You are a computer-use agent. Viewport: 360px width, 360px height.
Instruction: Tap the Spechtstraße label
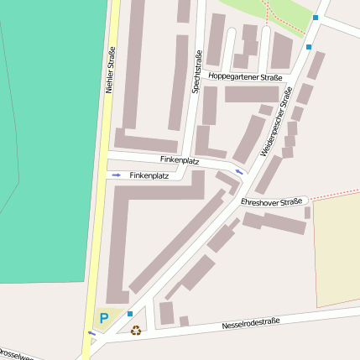[x=198, y=72]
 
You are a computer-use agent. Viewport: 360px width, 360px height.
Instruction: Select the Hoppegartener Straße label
[x=245, y=77]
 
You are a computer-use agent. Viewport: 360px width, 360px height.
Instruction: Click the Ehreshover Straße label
[x=270, y=202]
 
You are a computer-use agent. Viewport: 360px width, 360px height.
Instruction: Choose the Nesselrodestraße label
[x=250, y=324]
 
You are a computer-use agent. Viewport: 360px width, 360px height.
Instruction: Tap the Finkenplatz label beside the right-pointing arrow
[x=149, y=175]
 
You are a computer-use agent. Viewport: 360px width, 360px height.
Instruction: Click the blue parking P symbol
[x=104, y=318]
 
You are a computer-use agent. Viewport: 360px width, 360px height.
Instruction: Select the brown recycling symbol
[x=136, y=330]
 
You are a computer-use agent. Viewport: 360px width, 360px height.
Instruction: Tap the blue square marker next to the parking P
[x=130, y=314]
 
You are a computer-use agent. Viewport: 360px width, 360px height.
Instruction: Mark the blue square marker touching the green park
[x=316, y=17]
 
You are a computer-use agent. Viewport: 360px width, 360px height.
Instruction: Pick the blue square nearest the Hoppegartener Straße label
[x=309, y=47]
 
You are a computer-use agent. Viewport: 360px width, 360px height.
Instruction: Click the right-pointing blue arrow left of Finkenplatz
[x=116, y=175]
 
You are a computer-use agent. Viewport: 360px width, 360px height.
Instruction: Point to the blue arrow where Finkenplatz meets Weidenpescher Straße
[x=240, y=172]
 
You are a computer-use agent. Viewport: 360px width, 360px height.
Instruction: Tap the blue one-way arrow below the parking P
[x=91, y=333]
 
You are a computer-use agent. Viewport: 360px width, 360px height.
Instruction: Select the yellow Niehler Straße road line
[x=97, y=210]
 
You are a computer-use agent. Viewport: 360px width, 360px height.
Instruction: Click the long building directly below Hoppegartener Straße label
[x=251, y=94]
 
